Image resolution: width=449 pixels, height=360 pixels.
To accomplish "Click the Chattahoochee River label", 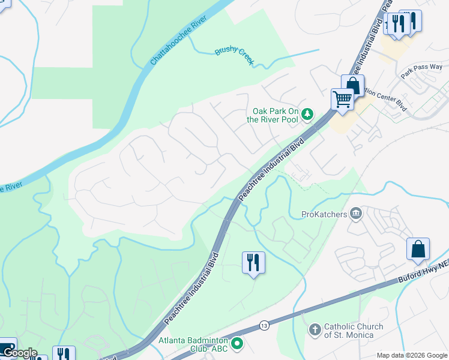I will pos(178,41).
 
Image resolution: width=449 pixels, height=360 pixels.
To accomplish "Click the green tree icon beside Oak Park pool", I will pos(307,113).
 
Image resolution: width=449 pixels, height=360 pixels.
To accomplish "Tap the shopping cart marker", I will pos(342,99).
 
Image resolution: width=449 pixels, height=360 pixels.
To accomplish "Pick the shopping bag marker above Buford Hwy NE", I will pos(418,248).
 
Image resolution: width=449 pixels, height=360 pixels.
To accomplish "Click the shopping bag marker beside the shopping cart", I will pos(353,85).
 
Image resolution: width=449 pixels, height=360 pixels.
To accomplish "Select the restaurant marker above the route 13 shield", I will pos(253,262).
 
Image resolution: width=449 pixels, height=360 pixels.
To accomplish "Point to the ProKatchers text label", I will pos(325,214).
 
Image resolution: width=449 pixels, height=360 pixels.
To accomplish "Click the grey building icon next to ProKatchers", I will pos(356,214).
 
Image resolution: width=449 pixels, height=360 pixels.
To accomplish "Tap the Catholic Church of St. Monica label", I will pos(353,331).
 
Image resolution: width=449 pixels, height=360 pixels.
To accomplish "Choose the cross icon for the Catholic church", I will pos(315,330).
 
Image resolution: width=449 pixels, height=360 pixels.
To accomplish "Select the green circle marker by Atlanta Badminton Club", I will pos(237,344).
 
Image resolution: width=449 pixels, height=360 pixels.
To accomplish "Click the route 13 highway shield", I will pos(264,325).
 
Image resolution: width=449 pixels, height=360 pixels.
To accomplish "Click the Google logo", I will pos(19,353).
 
